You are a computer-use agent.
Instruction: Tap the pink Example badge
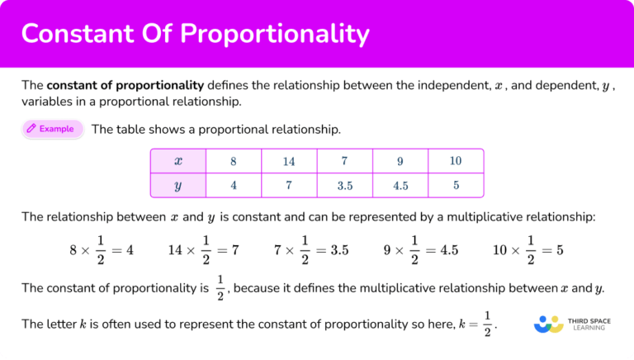tap(53, 129)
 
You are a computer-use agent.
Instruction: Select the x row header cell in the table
tap(177, 161)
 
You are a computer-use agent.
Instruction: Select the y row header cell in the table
tap(177, 186)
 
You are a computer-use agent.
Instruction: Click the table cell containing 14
tap(288, 161)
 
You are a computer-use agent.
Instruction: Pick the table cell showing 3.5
tap(345, 186)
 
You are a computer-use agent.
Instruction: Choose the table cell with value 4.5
tap(400, 186)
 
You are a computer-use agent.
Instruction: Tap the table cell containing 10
tap(456, 161)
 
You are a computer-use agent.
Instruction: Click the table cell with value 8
tap(233, 161)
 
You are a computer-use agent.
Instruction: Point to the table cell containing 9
tap(400, 161)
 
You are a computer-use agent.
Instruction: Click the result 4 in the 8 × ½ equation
tap(130, 250)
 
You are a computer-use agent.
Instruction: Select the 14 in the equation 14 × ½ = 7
tap(175, 250)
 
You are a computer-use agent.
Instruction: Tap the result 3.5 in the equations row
tap(338, 250)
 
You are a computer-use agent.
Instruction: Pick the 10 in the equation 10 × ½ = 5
tap(500, 250)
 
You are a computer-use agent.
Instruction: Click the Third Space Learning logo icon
tap(548, 324)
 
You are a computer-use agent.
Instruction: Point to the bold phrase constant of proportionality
tap(125, 84)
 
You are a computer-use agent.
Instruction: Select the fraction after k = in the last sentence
tap(488, 324)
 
